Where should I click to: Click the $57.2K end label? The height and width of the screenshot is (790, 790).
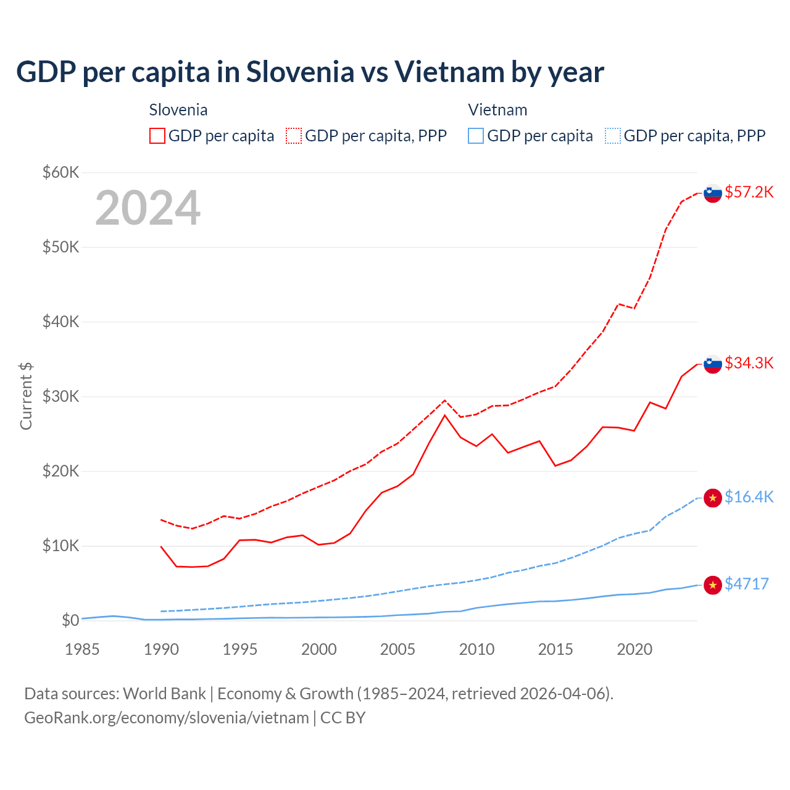749,192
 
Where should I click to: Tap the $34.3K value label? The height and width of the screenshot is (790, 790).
749,363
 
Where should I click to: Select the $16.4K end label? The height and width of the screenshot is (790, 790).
749,497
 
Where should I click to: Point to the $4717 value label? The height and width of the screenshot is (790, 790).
746,584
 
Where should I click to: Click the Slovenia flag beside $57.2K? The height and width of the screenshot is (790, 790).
713,193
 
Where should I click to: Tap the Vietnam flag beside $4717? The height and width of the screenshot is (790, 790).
713,584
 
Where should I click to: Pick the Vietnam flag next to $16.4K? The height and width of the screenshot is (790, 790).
713,497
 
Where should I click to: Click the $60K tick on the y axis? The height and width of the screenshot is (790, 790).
60,172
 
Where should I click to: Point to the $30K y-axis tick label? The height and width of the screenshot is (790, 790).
60,396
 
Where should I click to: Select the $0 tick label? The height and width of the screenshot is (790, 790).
70,620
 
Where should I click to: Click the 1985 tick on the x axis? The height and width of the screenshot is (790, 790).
82,649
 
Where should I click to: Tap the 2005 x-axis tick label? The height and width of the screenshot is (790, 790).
397,649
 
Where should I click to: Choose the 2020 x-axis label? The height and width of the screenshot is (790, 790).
634,649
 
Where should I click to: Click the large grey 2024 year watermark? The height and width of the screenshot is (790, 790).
148,208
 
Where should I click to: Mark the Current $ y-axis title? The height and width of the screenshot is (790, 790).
26,396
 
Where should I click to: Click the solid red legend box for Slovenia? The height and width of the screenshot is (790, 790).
157,136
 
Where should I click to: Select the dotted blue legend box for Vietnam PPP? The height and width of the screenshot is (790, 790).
613,136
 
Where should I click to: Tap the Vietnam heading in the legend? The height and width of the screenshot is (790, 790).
497,110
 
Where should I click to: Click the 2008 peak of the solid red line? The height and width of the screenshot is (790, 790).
445,415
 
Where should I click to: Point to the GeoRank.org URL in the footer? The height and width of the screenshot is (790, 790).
167,718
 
